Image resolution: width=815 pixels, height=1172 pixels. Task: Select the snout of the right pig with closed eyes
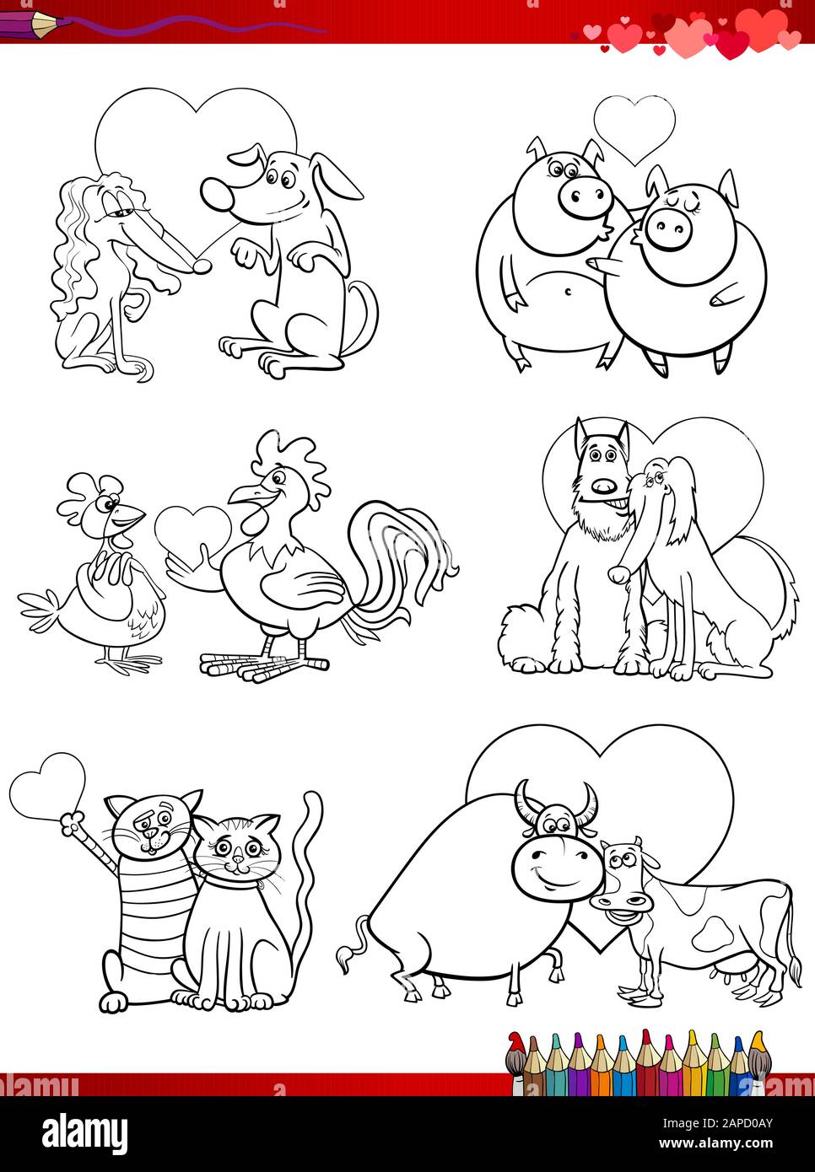[x=666, y=226]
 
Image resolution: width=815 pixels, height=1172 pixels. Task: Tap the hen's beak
[x=131, y=518]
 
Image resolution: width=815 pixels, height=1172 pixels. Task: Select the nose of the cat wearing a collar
[x=238, y=858]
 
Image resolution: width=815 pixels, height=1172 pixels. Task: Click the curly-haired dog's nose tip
[x=202, y=266]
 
